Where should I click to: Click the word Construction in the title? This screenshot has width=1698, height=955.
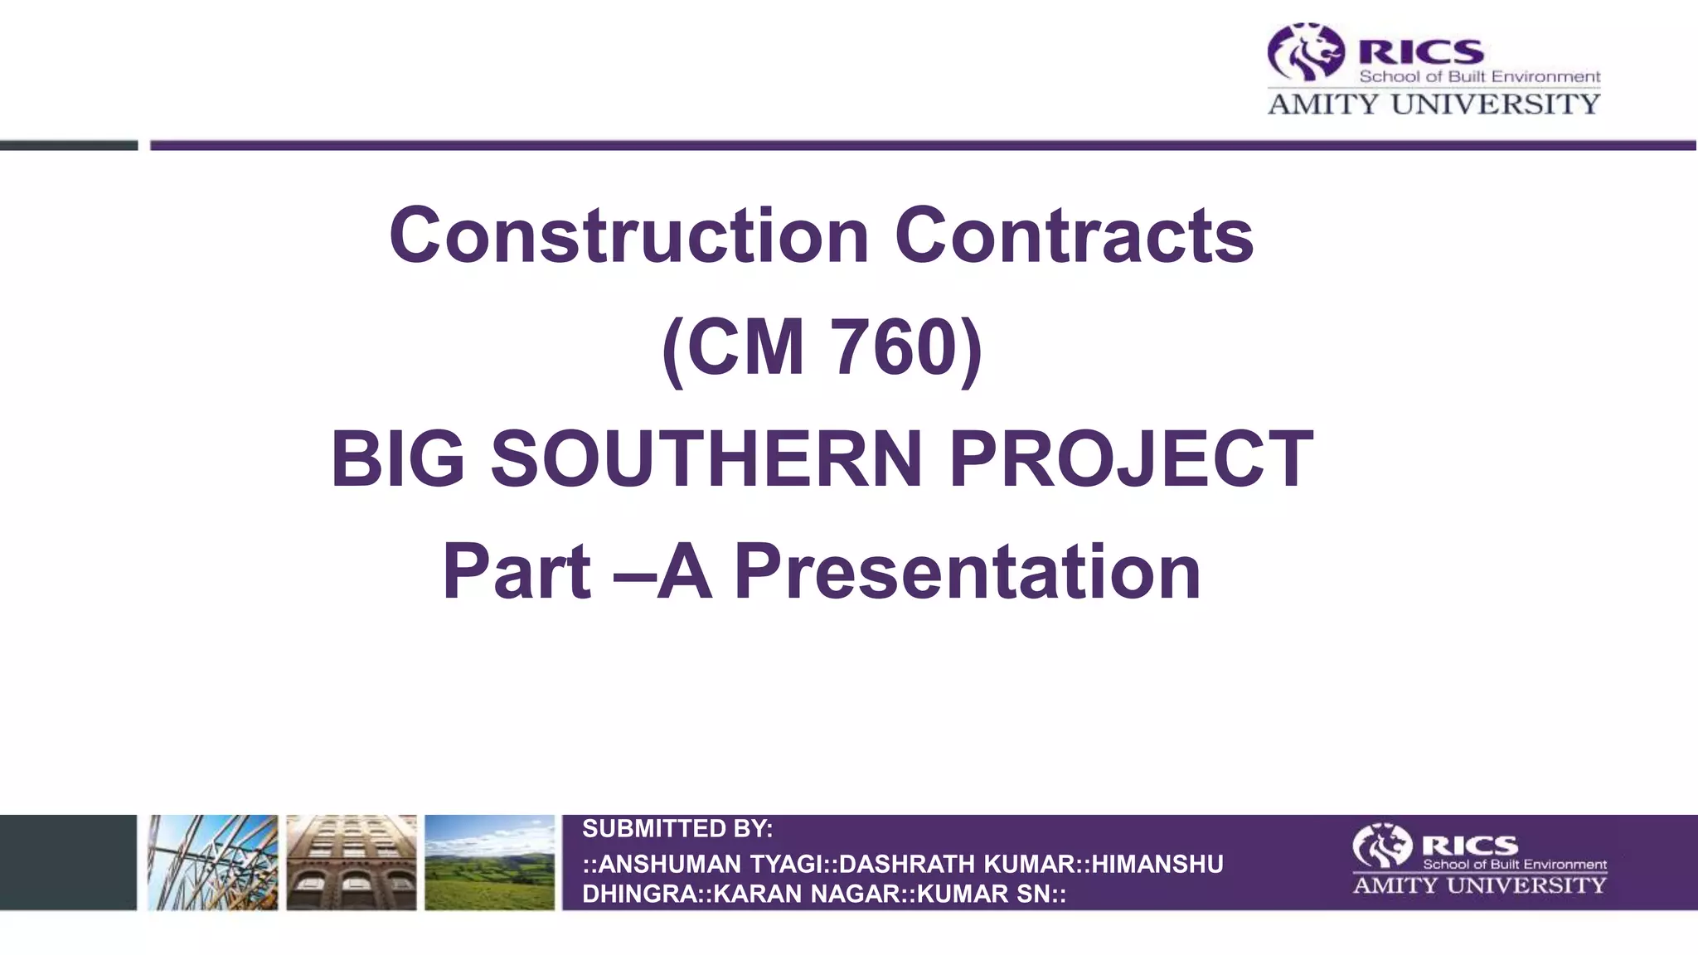[628, 236]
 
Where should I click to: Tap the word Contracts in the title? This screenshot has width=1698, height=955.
[1074, 236]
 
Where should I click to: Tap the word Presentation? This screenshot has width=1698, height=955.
[968, 571]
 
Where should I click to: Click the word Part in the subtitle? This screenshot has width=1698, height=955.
[517, 571]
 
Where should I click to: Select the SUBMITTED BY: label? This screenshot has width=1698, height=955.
[677, 828]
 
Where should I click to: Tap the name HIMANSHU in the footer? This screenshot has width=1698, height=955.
[1157, 864]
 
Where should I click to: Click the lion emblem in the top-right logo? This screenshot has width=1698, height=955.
[1305, 52]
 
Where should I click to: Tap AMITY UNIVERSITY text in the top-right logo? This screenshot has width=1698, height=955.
[1434, 104]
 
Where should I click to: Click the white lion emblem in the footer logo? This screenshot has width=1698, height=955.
[1381, 846]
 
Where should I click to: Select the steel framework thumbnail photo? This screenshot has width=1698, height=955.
[213, 862]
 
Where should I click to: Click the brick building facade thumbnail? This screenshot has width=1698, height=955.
[352, 862]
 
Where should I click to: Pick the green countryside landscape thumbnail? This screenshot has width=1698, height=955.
[489, 862]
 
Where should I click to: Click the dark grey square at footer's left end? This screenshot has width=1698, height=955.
[68, 862]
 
